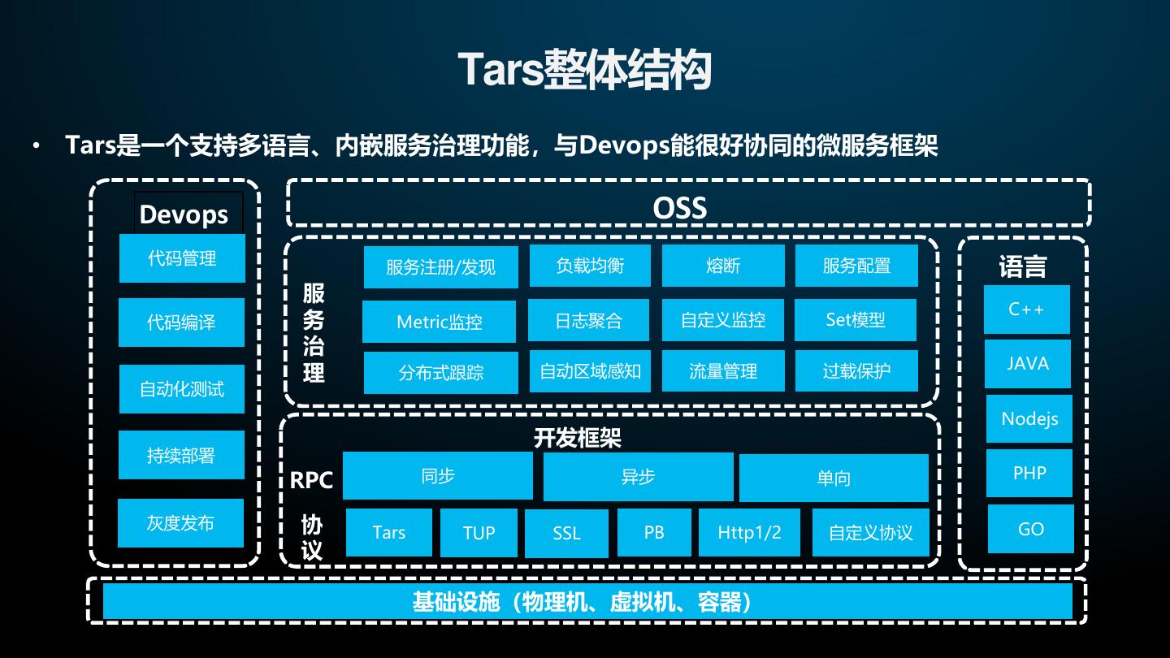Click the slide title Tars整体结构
pos(584,70)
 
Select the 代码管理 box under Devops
pos(182,258)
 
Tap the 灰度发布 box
pos(180,523)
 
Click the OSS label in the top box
pos(680,209)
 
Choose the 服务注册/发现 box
pos(440,266)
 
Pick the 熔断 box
pos(723,266)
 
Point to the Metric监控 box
pos(439,322)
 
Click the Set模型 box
pos(856,320)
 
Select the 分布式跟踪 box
pos(440,373)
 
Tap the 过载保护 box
pos(856,371)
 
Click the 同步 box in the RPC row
pos(437,476)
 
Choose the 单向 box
pos(834,478)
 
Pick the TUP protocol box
pos(479,533)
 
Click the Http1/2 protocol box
pos(749,532)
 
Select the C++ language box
pos(1026,310)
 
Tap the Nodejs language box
pos(1029,419)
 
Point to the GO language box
pos(1030,529)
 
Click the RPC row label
pos(311,480)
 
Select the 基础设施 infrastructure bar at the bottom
pos(587,602)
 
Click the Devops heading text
pos(184,214)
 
